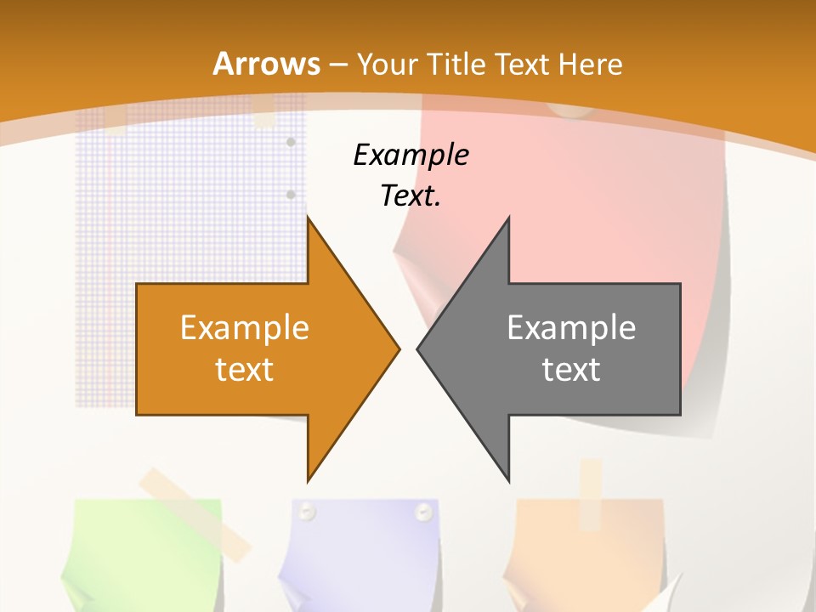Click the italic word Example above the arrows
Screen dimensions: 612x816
tap(411, 156)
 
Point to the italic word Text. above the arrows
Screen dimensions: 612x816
tap(411, 196)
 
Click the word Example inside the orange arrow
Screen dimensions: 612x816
tap(245, 328)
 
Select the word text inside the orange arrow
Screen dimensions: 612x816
tap(245, 369)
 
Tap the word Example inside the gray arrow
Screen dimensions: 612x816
tap(571, 328)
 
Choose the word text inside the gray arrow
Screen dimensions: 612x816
tap(571, 369)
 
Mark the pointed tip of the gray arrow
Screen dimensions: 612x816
tap(420, 348)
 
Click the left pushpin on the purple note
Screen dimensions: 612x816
tap(307, 512)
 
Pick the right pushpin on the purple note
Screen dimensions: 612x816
tap(422, 512)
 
